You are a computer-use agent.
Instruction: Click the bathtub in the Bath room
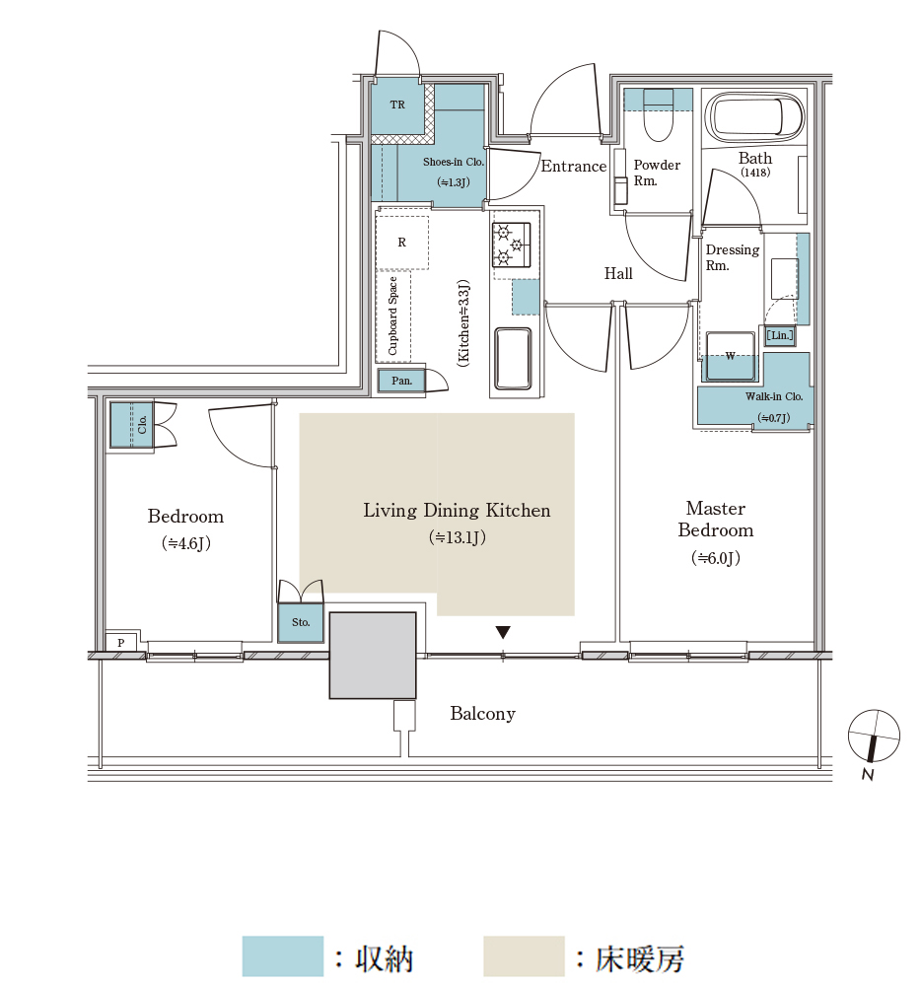[755, 118]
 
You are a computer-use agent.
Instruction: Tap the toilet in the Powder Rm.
[658, 114]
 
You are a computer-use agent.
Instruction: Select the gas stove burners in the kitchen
[511, 245]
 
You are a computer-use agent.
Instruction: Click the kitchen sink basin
[514, 359]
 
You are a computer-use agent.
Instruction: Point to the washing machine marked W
[731, 356]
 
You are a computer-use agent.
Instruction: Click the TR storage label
[397, 105]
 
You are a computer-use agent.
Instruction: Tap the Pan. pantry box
[401, 381]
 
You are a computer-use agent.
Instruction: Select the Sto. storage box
[301, 622]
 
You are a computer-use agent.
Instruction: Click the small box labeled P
[121, 642]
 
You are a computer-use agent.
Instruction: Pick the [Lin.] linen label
[780, 335]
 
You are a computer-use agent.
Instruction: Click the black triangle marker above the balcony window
[503, 632]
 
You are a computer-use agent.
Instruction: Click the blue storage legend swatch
[283, 955]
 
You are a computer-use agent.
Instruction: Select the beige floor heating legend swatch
[525, 955]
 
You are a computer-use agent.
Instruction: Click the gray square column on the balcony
[373, 655]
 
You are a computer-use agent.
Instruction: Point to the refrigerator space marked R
[402, 243]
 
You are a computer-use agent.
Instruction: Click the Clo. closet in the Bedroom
[132, 425]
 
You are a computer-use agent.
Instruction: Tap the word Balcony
[483, 714]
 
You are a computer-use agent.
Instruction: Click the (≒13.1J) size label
[458, 537]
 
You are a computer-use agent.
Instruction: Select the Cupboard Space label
[393, 316]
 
